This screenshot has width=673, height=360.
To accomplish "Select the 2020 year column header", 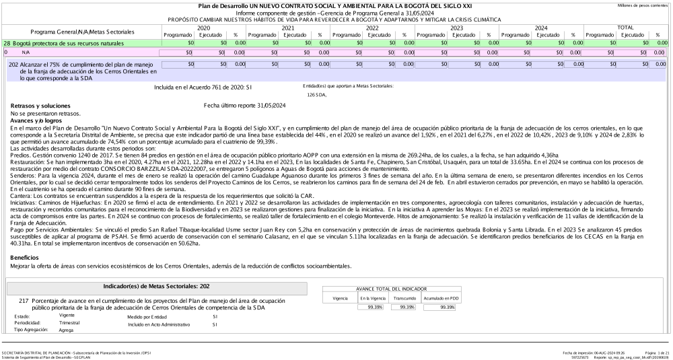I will pos(204,28).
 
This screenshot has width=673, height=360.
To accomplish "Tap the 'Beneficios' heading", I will pos(25,257).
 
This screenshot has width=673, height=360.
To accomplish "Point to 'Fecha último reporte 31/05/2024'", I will pos(244,105).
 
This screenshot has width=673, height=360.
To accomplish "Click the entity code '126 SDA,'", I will pos(316,95).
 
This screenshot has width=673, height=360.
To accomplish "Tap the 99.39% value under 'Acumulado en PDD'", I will pos(443,306).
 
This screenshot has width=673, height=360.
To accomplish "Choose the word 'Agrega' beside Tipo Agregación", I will pos(67,330).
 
